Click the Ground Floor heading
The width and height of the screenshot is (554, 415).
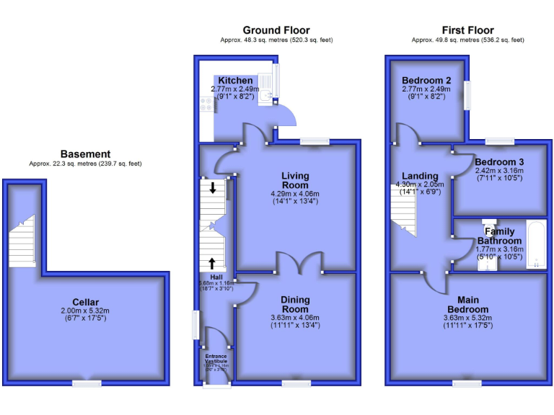tap(276, 30)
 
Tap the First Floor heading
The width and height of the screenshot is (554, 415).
tap(467, 30)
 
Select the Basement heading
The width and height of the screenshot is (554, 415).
tap(85, 154)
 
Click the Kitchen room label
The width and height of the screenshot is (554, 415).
tap(235, 80)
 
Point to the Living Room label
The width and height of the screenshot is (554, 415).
tap(295, 180)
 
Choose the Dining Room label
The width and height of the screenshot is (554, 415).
tap(295, 305)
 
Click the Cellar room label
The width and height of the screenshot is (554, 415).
tap(85, 302)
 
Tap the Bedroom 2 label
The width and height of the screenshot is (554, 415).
tap(426, 80)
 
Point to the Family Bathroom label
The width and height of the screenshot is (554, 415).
tap(499, 236)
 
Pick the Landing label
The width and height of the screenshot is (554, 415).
tap(420, 176)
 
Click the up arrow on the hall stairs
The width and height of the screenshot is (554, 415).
tap(213, 263)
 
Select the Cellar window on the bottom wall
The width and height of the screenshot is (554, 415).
tap(87, 384)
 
